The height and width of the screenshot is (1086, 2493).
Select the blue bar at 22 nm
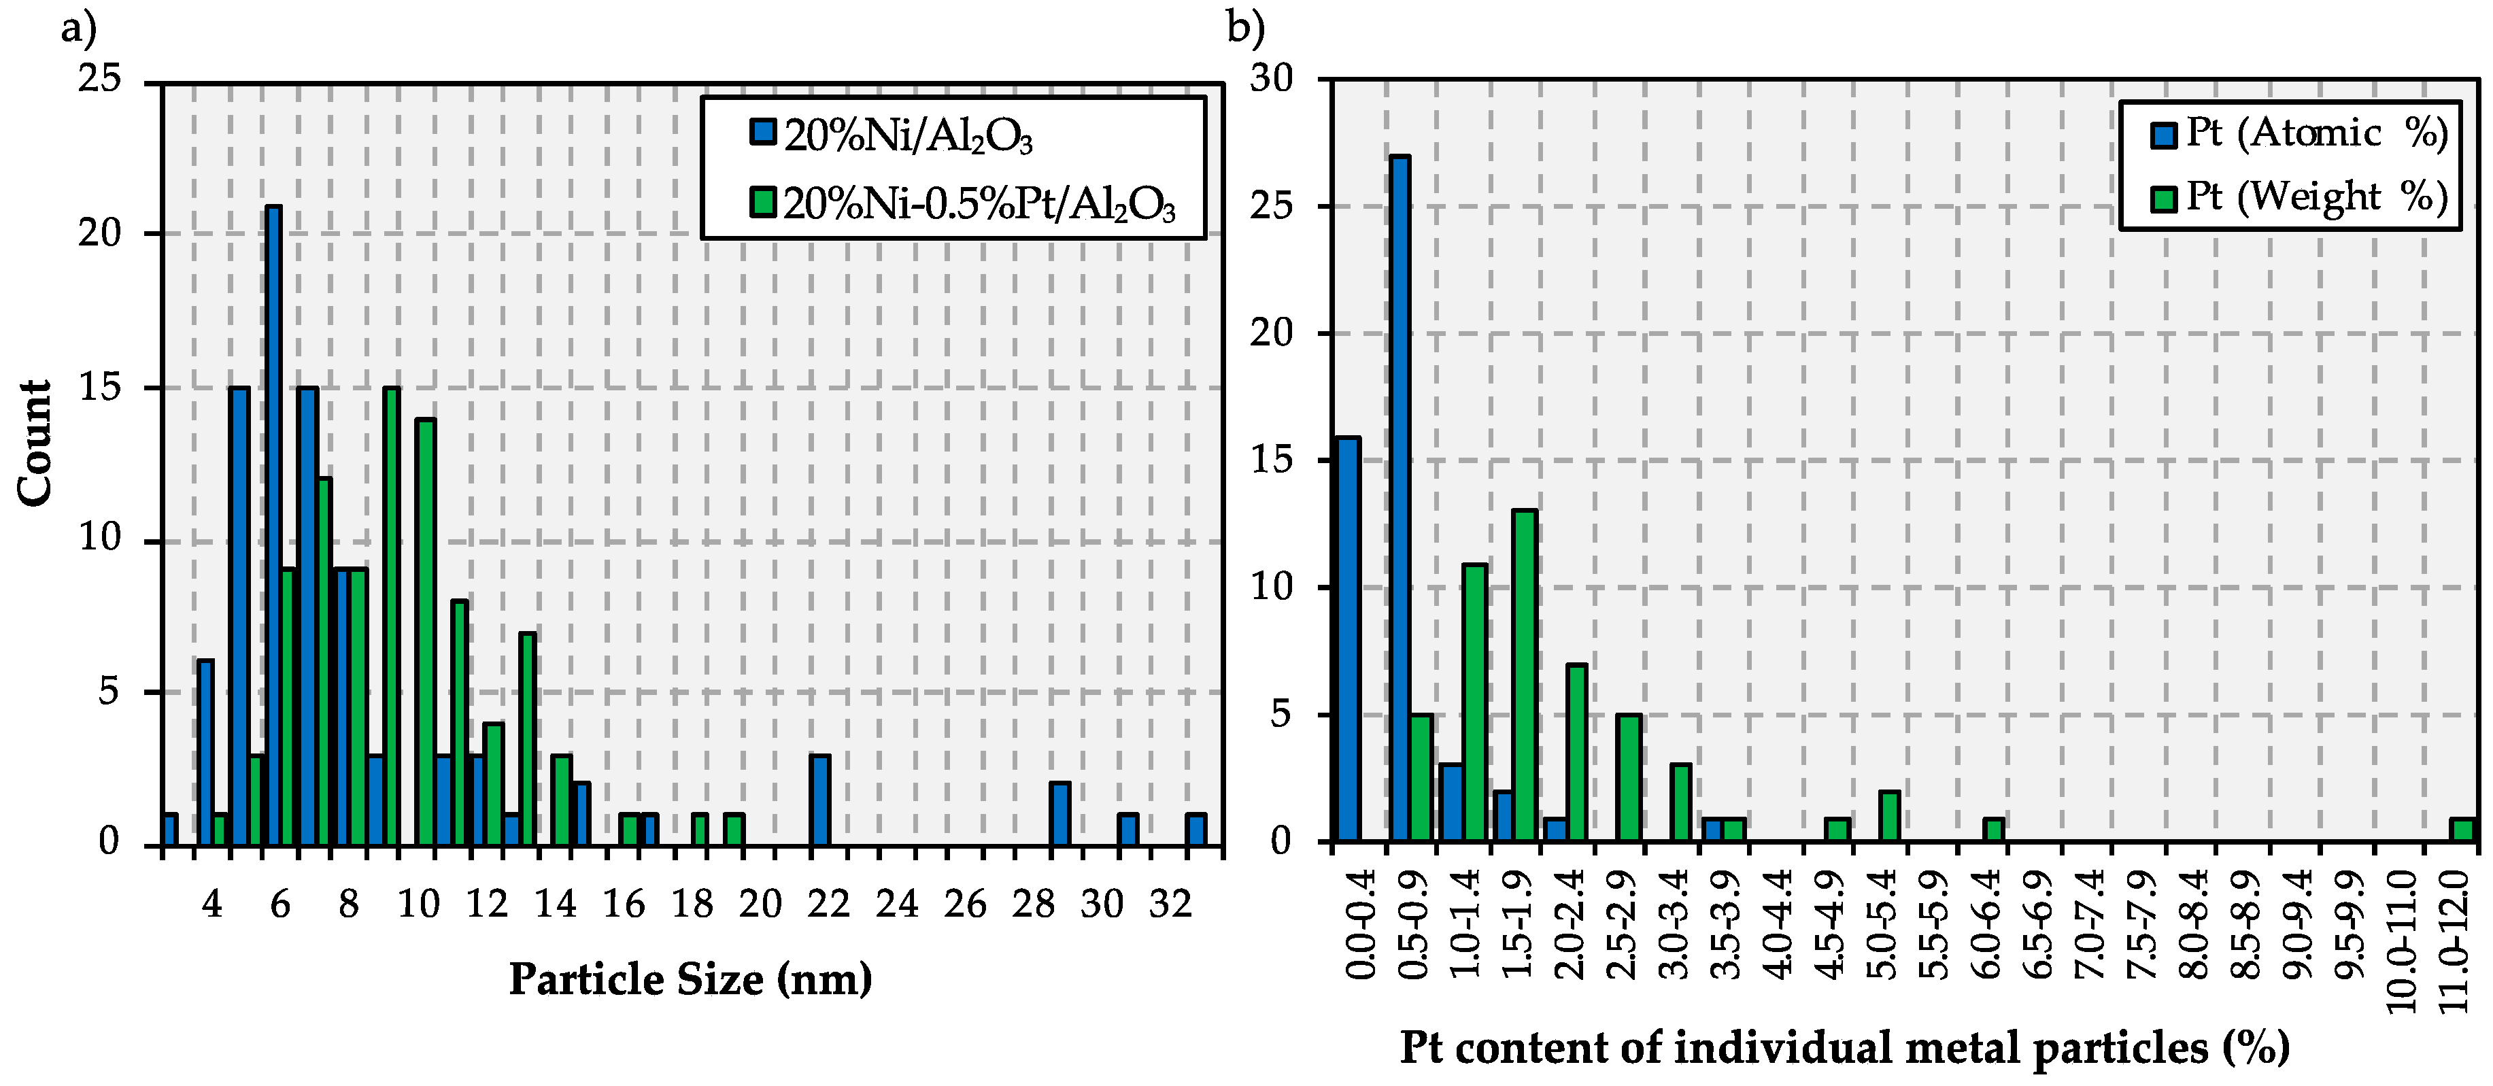819,800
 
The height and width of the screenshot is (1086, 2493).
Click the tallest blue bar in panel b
1400,498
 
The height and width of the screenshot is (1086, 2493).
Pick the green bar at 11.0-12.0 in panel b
2463,830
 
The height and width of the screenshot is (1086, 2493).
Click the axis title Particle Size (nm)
690,979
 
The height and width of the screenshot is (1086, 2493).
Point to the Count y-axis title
35,442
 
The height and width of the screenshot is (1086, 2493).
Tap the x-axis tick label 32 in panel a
1170,904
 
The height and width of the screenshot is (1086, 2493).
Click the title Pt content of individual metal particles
1844,1048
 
